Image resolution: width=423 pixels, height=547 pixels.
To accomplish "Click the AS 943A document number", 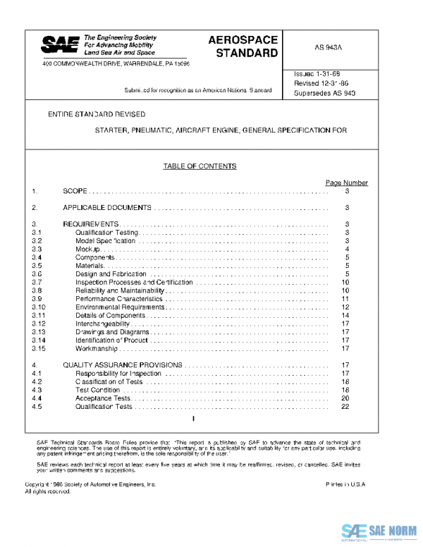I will pos(329,48).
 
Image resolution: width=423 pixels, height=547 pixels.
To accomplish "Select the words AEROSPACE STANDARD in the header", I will pos(243,47).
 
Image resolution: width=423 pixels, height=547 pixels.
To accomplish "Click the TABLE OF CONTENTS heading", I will pos(200,166).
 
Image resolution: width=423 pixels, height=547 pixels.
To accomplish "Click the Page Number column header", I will pos(346,183).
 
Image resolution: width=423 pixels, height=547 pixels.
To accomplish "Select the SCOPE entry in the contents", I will pos(76,192).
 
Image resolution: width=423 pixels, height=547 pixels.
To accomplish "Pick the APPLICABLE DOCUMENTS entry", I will pos(107,208).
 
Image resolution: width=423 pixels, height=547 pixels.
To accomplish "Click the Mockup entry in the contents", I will pos(89,250).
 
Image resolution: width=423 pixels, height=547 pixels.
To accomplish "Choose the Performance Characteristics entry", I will pos(119,299).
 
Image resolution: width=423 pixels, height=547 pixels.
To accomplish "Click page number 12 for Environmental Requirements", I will pos(345,307).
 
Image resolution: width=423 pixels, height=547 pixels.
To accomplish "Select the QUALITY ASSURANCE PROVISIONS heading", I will pos(123,365).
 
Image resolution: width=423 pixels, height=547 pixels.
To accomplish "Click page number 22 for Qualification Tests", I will pos(345,407).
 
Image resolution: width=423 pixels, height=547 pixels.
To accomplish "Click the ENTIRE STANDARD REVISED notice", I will pos(97,114).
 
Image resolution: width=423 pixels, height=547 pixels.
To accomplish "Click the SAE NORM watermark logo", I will pos(379,531).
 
